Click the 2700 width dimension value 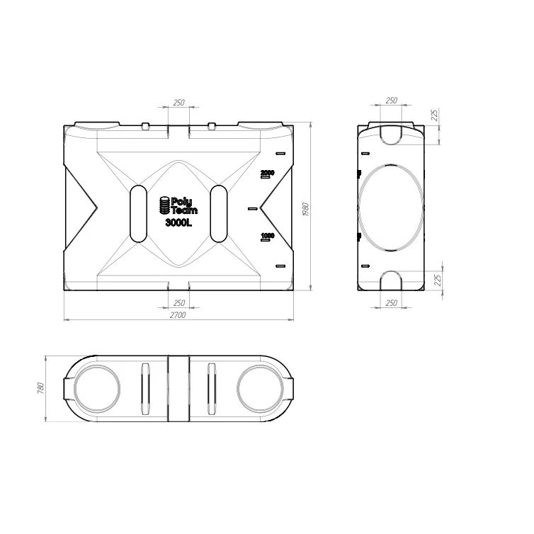click(178, 315)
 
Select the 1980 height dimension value click(305, 210)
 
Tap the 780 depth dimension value click(40, 389)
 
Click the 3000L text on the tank click(178, 222)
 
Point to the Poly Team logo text click(184, 205)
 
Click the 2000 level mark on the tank click(267, 173)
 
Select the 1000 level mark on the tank click(267, 235)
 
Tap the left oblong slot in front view click(138, 214)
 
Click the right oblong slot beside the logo click(219, 214)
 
